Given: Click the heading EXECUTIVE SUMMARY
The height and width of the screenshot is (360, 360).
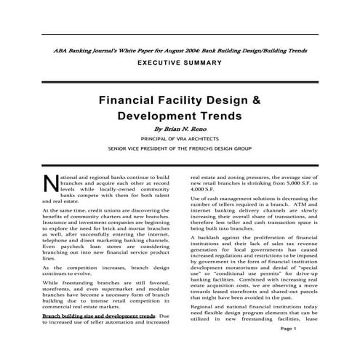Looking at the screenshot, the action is (180, 65).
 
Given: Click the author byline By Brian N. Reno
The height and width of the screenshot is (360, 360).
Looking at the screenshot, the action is (180, 128).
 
